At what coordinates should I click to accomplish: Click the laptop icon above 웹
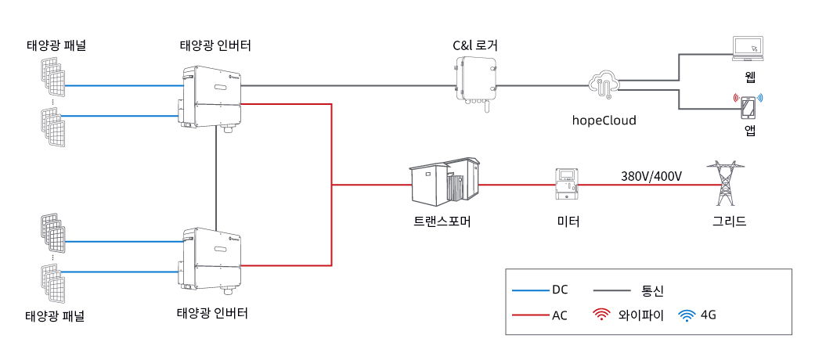[x=748, y=48]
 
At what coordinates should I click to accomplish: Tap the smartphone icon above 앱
[x=748, y=109]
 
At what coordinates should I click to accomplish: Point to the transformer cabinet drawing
[x=445, y=180]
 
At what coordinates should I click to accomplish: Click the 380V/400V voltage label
[x=652, y=176]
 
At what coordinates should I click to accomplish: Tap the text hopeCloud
[x=604, y=121]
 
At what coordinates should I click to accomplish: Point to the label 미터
[x=568, y=221]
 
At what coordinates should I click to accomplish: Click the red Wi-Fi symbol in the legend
[x=601, y=315]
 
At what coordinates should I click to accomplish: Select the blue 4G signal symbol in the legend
[x=686, y=315]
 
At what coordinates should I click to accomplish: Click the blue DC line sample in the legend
[x=530, y=290]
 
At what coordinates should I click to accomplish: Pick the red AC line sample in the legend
[x=530, y=316]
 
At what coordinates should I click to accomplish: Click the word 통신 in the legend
[x=652, y=290]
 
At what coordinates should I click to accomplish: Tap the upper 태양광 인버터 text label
[x=215, y=46]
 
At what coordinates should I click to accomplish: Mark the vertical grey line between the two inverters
[x=216, y=178]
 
